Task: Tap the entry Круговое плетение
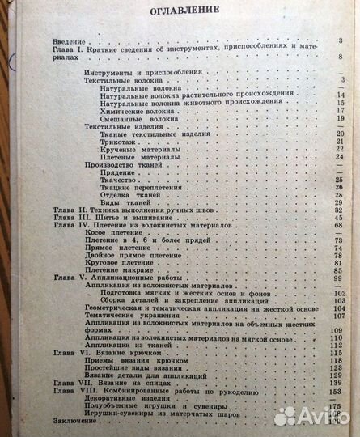pos(125,260)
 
